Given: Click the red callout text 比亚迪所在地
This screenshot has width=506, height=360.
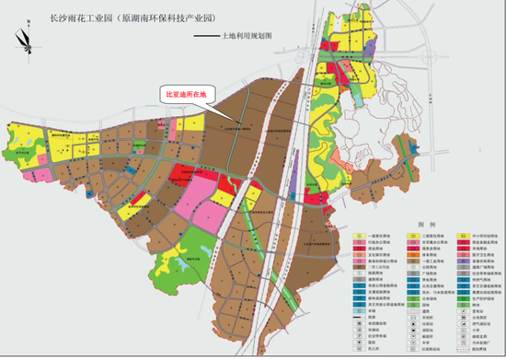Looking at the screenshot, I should (188, 93).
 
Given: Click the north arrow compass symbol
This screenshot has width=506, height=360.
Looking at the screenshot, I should (22, 40).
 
